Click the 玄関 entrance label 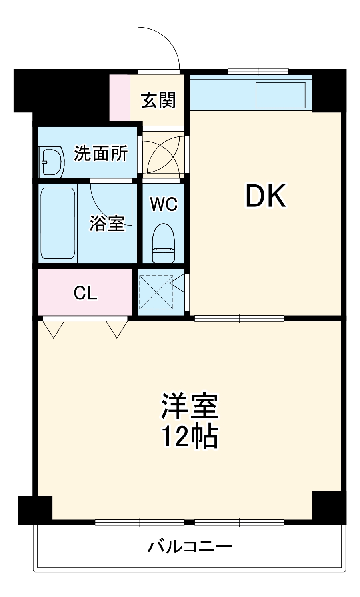[x=158, y=100]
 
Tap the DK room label [x=266, y=196]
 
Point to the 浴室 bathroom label [x=107, y=223]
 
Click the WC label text [x=164, y=204]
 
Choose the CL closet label [x=85, y=293]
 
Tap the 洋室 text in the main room [x=189, y=406]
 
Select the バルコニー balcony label [x=190, y=546]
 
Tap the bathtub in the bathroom [x=58, y=223]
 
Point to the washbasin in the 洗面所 [x=52, y=162]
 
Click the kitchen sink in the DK [x=280, y=95]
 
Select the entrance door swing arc [x=160, y=48]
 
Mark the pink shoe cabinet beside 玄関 [x=120, y=97]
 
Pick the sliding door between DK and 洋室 [x=239, y=319]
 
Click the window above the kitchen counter [x=258, y=72]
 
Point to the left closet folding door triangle [x=53, y=329]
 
